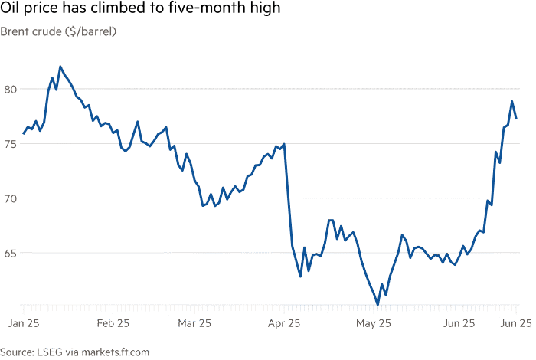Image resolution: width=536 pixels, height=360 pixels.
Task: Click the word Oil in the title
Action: pos(9,8)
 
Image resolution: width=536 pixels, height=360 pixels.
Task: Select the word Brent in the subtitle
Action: pos(13,31)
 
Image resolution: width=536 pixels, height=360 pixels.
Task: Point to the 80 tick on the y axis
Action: pos(10,90)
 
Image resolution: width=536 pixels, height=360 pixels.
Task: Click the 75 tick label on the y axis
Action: pos(10,144)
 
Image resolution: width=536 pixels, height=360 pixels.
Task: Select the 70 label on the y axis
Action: pos(10,198)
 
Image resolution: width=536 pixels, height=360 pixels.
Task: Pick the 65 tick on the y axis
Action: pos(10,254)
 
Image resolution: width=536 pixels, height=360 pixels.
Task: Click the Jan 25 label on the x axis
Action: pos(24,323)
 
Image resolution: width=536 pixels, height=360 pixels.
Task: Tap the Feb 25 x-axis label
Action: pos(113,323)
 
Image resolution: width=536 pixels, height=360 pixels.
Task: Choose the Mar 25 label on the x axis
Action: pos(194,323)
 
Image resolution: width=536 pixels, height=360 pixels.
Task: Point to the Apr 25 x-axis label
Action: pos(284,323)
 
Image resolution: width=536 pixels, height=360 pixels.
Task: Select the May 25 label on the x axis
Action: pos(374,323)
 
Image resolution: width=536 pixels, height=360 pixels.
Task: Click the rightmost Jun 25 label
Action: pos(516,323)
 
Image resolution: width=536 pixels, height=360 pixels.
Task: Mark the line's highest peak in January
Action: pos(60,67)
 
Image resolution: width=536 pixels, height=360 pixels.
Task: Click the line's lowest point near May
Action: pos(377,304)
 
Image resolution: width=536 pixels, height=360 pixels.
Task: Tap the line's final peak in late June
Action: pos(511,101)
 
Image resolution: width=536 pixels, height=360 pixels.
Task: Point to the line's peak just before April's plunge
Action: pos(284,144)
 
